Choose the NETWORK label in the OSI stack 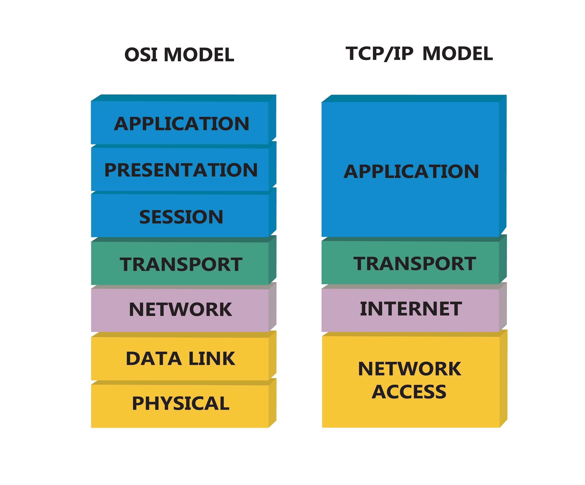(x=181, y=310)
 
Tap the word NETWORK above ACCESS (x=409, y=369)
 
